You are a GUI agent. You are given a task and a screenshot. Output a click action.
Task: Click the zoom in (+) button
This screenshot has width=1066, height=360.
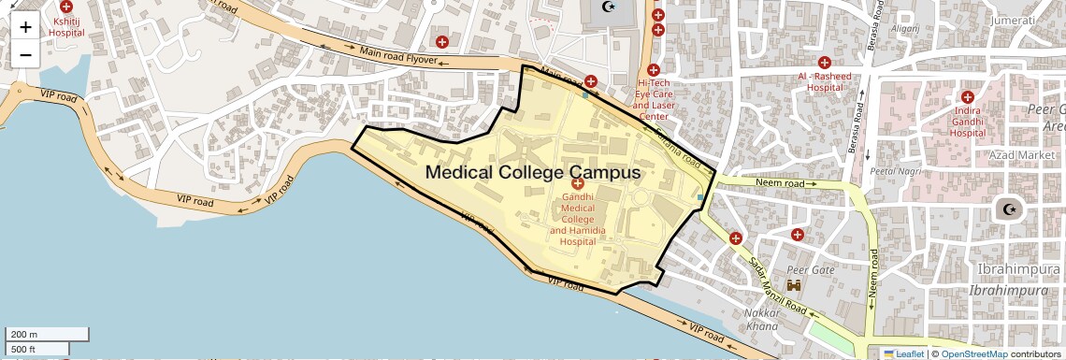(25, 27)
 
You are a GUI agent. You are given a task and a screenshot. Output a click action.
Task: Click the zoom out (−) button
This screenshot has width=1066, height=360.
(25, 54)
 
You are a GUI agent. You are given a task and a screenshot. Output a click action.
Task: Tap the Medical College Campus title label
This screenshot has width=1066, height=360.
(532, 172)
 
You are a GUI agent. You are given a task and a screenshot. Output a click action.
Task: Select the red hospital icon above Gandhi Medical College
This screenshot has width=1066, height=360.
(577, 185)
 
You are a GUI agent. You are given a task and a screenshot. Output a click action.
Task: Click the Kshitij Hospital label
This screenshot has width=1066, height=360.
(66, 25)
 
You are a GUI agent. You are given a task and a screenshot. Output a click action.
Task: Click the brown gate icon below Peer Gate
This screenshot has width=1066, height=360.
(796, 284)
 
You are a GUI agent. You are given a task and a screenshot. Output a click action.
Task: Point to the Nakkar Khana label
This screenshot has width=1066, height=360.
(762, 319)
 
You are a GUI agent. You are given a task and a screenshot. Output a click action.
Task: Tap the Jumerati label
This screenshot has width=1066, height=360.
(1016, 21)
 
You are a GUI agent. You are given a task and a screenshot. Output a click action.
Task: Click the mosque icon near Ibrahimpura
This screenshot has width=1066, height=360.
(1008, 209)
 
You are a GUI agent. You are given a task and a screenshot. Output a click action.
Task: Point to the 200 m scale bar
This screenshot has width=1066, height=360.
(47, 334)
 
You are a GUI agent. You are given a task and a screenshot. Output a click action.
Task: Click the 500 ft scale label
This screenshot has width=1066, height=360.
(23, 349)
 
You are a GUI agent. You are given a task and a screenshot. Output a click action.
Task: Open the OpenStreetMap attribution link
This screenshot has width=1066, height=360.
(973, 353)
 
